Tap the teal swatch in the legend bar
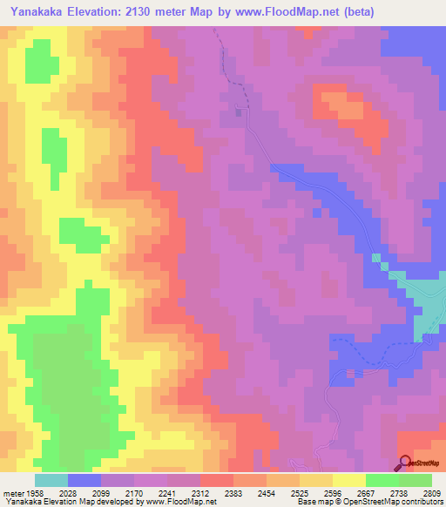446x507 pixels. point(51,480)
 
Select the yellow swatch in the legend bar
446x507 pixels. point(348,480)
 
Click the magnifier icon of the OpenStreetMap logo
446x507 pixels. point(404,462)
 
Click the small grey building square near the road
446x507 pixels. point(238,111)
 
